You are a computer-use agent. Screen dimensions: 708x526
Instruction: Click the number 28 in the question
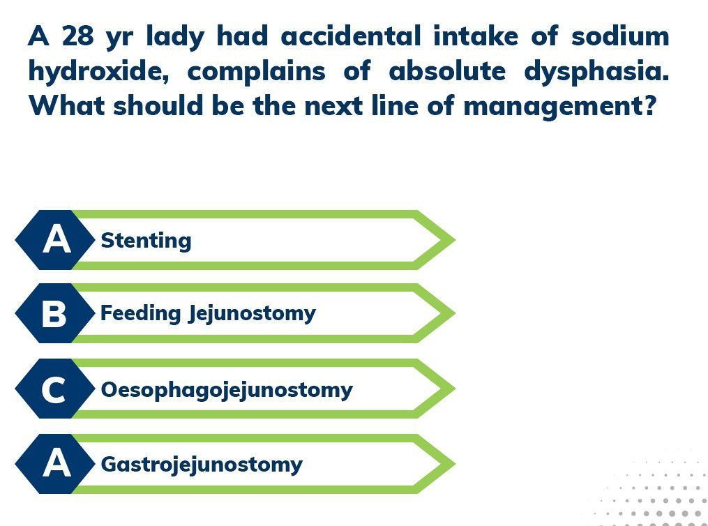[78, 36]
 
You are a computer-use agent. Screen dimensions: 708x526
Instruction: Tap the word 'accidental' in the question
[350, 36]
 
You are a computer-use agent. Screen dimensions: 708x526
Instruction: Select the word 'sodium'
[620, 36]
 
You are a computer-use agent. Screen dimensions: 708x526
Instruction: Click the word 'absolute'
[447, 71]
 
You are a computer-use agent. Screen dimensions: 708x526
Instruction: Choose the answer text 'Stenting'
[146, 240]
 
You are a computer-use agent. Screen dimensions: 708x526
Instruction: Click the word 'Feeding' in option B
[140, 313]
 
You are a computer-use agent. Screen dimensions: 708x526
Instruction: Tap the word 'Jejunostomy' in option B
[253, 314]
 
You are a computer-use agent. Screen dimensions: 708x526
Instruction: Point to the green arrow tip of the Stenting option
[455, 240]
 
